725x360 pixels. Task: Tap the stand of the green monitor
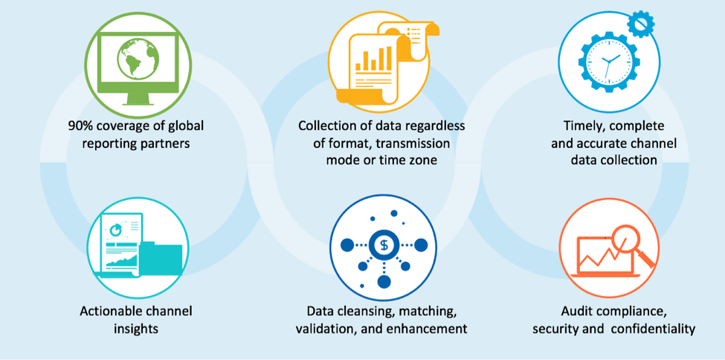138,100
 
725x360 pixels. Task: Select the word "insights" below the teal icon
137,328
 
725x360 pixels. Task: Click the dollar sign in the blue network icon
384,245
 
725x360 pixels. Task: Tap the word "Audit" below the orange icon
576,311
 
